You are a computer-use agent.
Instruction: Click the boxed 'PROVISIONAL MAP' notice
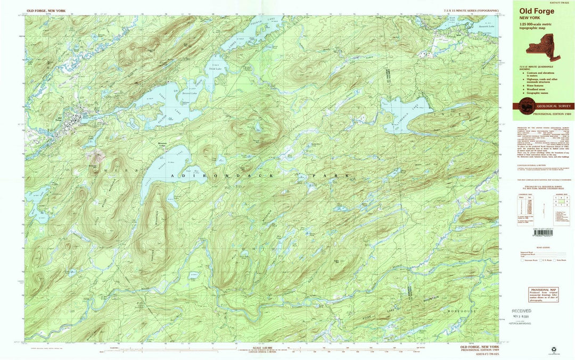click(543, 294)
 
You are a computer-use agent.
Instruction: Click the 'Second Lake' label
click(190, 93)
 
